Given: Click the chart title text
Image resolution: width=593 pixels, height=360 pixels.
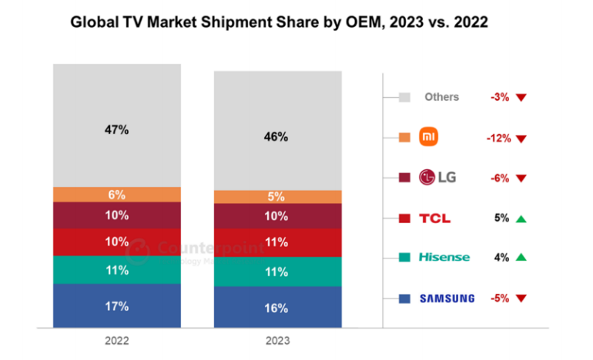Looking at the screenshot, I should click(x=279, y=22).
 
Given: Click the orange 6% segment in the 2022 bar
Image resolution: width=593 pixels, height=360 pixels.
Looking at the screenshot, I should click(x=116, y=195).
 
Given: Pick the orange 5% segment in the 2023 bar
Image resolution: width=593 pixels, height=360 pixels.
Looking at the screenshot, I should click(x=276, y=197).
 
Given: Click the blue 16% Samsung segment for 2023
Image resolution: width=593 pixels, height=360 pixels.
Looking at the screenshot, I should click(x=276, y=308).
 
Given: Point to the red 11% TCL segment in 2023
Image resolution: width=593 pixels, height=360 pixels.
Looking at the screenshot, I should click(x=276, y=242).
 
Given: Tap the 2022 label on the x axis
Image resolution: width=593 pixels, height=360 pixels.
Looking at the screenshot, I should click(x=117, y=340).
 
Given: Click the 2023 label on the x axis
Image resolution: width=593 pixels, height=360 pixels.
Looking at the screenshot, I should click(x=277, y=340).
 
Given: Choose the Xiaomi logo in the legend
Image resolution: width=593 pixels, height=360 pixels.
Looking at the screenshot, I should click(x=427, y=138).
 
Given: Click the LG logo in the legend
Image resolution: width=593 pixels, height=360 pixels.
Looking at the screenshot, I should click(x=437, y=178).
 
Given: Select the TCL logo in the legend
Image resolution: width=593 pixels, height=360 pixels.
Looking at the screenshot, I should click(x=435, y=218).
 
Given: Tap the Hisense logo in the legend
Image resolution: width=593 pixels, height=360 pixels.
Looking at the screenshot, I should click(x=444, y=258).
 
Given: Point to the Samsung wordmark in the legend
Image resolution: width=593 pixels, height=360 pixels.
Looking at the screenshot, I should click(x=447, y=298).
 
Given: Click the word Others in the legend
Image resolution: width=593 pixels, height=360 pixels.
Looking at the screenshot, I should click(x=441, y=97).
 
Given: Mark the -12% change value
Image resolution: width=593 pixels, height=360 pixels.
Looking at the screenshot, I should click(x=498, y=138).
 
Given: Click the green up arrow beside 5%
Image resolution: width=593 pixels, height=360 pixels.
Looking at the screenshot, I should click(x=521, y=218).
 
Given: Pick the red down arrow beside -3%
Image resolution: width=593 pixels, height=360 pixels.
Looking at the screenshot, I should click(x=521, y=98).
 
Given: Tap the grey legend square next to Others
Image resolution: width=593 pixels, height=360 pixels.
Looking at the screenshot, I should click(x=404, y=98).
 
